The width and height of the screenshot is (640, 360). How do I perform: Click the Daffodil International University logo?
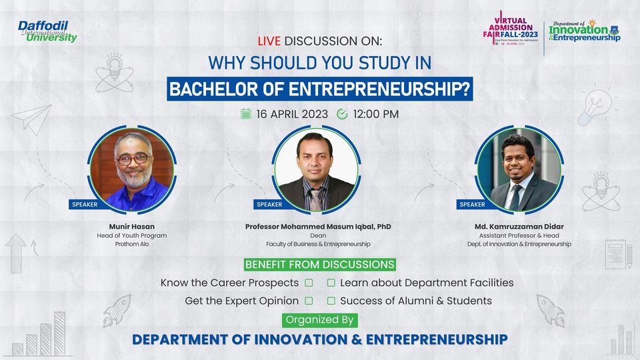click(x=47, y=31)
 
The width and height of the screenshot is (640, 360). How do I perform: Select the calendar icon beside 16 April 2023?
click(x=246, y=114)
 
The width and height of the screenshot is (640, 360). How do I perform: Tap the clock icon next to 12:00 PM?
click(x=343, y=114)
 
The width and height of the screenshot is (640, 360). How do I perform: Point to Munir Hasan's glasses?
click(x=133, y=159)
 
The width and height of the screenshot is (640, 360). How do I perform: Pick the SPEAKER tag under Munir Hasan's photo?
click(x=84, y=205)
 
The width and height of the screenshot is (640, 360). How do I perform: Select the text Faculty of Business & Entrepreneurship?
click(x=318, y=244)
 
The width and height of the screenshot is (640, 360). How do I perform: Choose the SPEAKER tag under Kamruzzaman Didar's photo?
click(x=472, y=205)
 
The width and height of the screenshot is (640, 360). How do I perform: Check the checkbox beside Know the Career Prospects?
click(x=309, y=283)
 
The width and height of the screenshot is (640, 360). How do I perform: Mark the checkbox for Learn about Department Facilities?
click(x=331, y=283)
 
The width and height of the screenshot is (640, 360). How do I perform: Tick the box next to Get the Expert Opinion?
click(x=309, y=301)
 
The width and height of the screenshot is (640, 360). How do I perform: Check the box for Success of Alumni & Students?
click(x=331, y=301)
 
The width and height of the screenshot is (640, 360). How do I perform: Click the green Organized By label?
click(x=319, y=320)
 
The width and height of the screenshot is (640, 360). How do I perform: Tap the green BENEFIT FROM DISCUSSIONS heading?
click(x=319, y=265)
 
